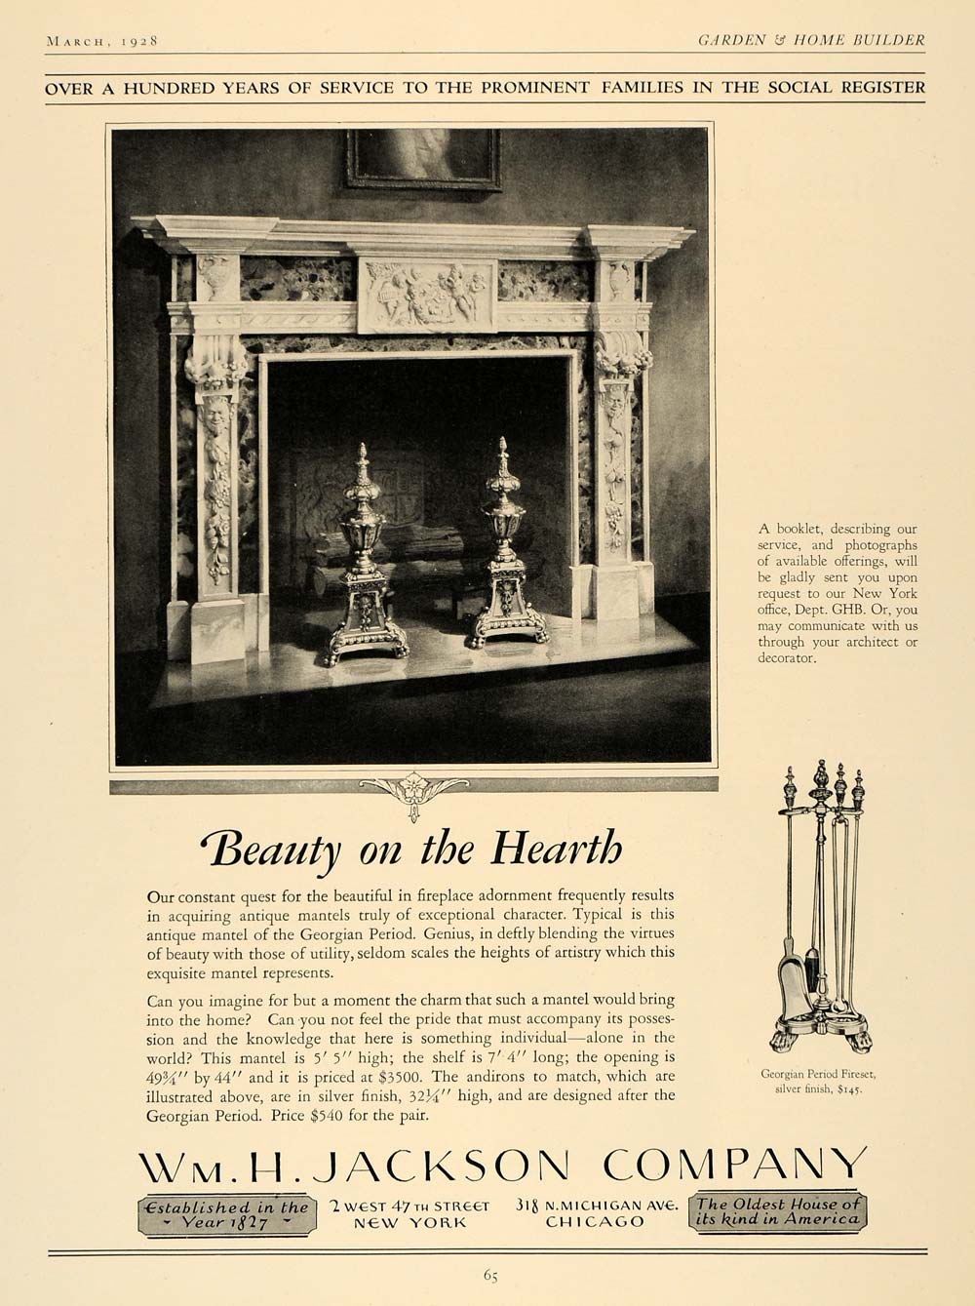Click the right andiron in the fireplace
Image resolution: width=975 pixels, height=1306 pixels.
click(503, 556)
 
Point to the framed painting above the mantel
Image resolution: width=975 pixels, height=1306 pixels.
click(421, 157)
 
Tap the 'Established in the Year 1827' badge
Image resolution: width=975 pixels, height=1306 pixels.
click(226, 1213)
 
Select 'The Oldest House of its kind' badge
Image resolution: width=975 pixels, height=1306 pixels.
click(776, 1211)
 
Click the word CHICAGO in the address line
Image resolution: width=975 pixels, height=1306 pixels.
click(595, 1222)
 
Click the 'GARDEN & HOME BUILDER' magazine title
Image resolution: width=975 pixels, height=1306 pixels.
click(811, 40)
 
